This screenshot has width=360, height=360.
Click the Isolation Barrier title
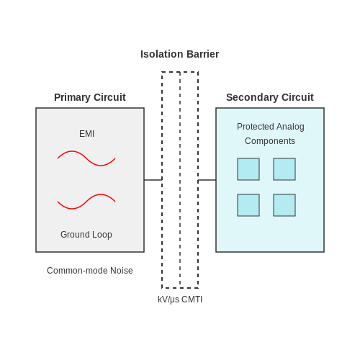(179, 54)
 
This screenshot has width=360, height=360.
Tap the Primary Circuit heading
(90, 97)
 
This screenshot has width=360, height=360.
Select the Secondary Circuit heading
(270, 97)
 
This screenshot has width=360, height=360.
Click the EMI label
(86, 134)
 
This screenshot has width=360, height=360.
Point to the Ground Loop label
(86, 235)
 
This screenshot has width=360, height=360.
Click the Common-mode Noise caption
(90, 271)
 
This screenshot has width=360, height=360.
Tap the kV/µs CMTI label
(180, 300)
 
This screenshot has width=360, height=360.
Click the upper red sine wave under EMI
(86, 158)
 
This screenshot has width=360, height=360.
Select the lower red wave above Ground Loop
(86, 202)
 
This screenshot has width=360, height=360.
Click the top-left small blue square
(248, 169)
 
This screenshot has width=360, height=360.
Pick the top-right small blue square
(284, 169)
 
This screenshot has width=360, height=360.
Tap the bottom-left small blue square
(248, 205)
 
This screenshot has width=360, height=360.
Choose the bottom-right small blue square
(284, 205)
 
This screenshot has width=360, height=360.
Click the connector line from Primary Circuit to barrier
(153, 180)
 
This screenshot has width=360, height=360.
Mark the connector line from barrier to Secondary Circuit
(207, 180)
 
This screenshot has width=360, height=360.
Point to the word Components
(270, 141)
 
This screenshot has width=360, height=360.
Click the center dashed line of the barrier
(180, 180)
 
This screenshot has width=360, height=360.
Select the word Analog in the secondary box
(290, 127)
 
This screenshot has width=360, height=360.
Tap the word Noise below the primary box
(122, 271)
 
